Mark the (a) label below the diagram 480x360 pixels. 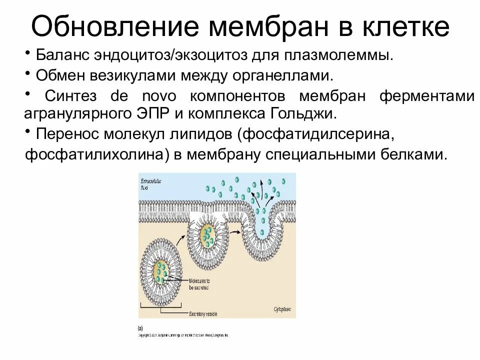pos(141,328)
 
